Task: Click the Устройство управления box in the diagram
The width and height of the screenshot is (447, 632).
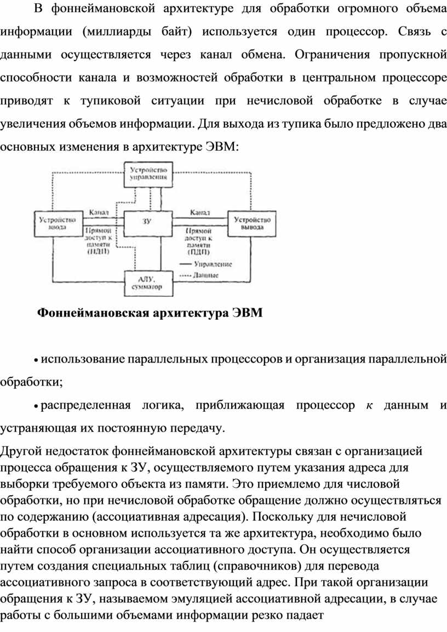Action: point(148,174)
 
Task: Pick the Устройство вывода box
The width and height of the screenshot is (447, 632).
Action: point(252,223)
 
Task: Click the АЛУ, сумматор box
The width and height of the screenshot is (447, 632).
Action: point(148,283)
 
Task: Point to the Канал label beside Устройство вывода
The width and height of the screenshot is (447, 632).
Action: point(200,212)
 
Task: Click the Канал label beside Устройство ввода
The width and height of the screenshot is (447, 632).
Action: point(99,212)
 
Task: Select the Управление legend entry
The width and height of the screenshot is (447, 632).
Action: point(206,265)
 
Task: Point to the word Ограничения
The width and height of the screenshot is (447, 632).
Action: point(332,55)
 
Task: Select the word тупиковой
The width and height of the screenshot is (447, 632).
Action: point(111,101)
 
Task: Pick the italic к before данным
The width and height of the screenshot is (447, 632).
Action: point(369,405)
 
